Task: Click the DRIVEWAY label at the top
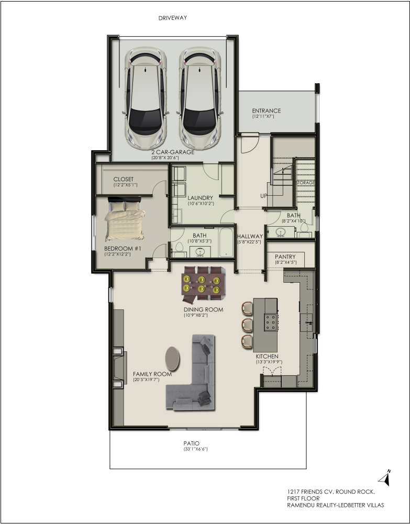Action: pyautogui.click(x=172, y=18)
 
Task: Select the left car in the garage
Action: pyautogui.click(x=146, y=99)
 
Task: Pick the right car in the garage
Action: pyautogui.click(x=200, y=99)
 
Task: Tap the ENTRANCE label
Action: pyautogui.click(x=267, y=110)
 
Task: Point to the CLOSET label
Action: pyautogui.click(x=123, y=179)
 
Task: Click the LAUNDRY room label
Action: pyautogui.click(x=200, y=198)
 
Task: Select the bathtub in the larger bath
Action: pyautogui.click(x=226, y=242)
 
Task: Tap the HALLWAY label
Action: pyautogui.click(x=250, y=236)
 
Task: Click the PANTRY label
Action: pyautogui.click(x=285, y=257)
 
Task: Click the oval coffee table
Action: pyautogui.click(x=172, y=359)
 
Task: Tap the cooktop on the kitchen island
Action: pyautogui.click(x=270, y=322)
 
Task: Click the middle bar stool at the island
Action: pyautogui.click(x=247, y=325)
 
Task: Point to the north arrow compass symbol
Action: pyautogui.click(x=385, y=478)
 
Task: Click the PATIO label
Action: pyautogui.click(x=192, y=443)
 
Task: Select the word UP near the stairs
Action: pyautogui.click(x=263, y=196)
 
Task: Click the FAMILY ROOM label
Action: pyautogui.click(x=152, y=374)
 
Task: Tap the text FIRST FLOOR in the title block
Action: pyautogui.click(x=303, y=498)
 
